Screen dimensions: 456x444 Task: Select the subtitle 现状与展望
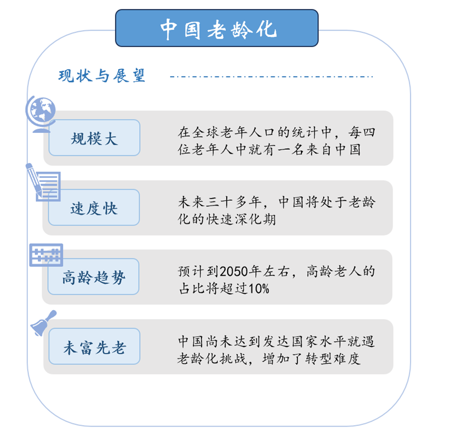click(x=101, y=76)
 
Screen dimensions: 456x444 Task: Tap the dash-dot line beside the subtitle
click(x=271, y=77)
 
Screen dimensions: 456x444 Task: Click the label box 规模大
click(x=94, y=138)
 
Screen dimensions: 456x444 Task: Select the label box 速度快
click(x=94, y=208)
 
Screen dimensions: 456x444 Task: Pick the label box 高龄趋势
click(x=94, y=277)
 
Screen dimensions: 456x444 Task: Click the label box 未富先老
click(x=94, y=346)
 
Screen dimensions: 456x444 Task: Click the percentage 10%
click(x=258, y=288)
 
